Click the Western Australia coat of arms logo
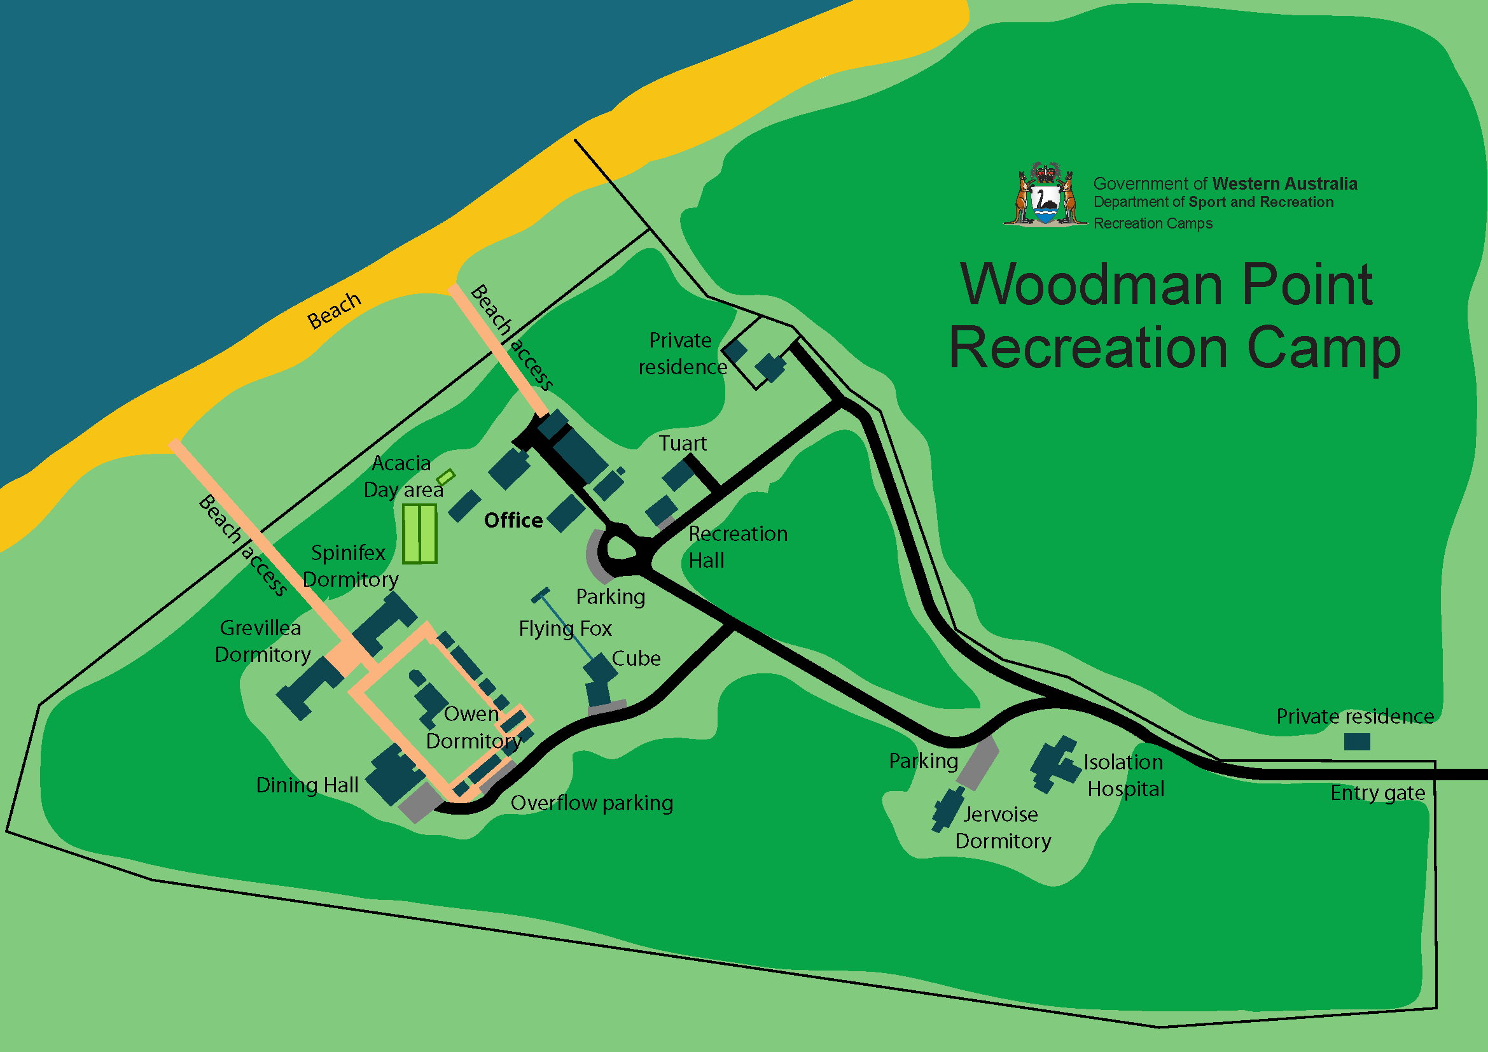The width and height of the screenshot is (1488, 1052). coord(1045,195)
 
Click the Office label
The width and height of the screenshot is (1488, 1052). coord(513,521)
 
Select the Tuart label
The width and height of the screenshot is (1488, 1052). coord(683,444)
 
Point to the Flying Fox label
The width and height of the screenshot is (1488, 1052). coord(565,629)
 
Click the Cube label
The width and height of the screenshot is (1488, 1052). coord(636,659)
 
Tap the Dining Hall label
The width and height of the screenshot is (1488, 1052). coord(307,785)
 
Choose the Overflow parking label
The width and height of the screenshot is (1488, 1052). coord(592,803)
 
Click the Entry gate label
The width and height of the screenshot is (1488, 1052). coord(1377,793)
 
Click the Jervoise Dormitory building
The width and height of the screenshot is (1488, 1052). coord(948,809)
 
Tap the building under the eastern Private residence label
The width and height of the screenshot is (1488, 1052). coord(1356,741)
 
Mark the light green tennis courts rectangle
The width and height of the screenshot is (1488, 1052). coord(419,533)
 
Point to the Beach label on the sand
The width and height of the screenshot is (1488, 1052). coord(334,311)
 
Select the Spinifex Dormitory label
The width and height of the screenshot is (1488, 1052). coord(350,566)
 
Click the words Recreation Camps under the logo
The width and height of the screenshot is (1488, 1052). coord(1153,223)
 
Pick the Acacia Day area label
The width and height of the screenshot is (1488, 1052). coord(403,477)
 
